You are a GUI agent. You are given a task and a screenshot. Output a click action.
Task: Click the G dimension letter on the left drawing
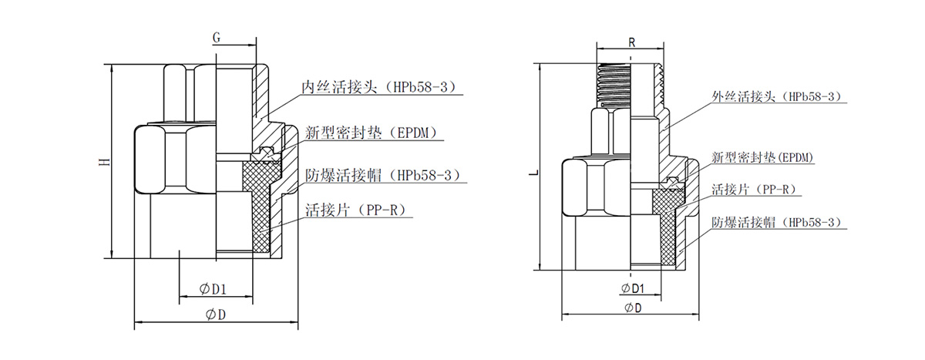[x=217, y=36]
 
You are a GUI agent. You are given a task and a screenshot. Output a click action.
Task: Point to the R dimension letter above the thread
[x=631, y=43]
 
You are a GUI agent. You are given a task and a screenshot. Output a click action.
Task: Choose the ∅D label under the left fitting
[x=216, y=314]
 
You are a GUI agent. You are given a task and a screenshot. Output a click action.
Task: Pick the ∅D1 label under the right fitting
[x=631, y=288]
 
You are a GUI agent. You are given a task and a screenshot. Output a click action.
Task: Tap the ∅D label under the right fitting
[x=632, y=308]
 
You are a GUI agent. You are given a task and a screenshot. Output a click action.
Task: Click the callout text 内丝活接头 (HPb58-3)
[x=382, y=86]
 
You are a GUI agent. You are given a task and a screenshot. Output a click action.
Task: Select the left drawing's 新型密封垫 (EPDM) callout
[x=375, y=133]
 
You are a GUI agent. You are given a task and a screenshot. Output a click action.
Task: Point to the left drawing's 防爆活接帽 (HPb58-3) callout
[x=382, y=174]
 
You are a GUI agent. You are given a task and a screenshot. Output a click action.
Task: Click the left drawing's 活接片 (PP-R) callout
[x=355, y=209]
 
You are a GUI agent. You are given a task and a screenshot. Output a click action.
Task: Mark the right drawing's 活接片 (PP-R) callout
[x=752, y=189]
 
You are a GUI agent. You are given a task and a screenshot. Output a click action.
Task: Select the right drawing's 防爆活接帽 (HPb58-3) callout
[x=775, y=222]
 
